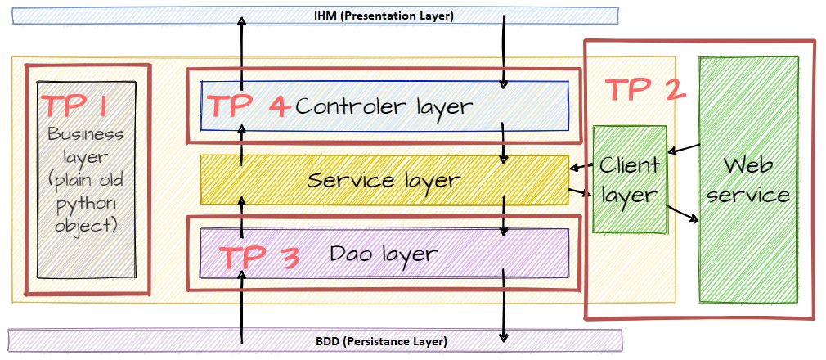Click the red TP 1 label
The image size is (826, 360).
74,106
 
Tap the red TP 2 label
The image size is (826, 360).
644,90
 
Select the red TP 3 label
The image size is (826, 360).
258,258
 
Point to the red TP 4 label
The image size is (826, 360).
249,106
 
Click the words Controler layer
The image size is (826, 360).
384,107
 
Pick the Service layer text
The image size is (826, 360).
384,181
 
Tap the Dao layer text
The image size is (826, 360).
384,254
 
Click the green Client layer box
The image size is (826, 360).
630,179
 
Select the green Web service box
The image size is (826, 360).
748,179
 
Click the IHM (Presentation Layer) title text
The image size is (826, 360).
384,16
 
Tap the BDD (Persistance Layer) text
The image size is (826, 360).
381,341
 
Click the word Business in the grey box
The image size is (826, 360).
86,134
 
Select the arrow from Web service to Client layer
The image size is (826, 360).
684,149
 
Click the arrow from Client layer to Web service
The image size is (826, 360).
682,214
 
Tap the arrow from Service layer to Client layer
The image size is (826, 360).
581,192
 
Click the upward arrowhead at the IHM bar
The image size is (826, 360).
242,22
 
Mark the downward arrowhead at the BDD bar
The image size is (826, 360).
504,335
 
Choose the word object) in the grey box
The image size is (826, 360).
86,227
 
